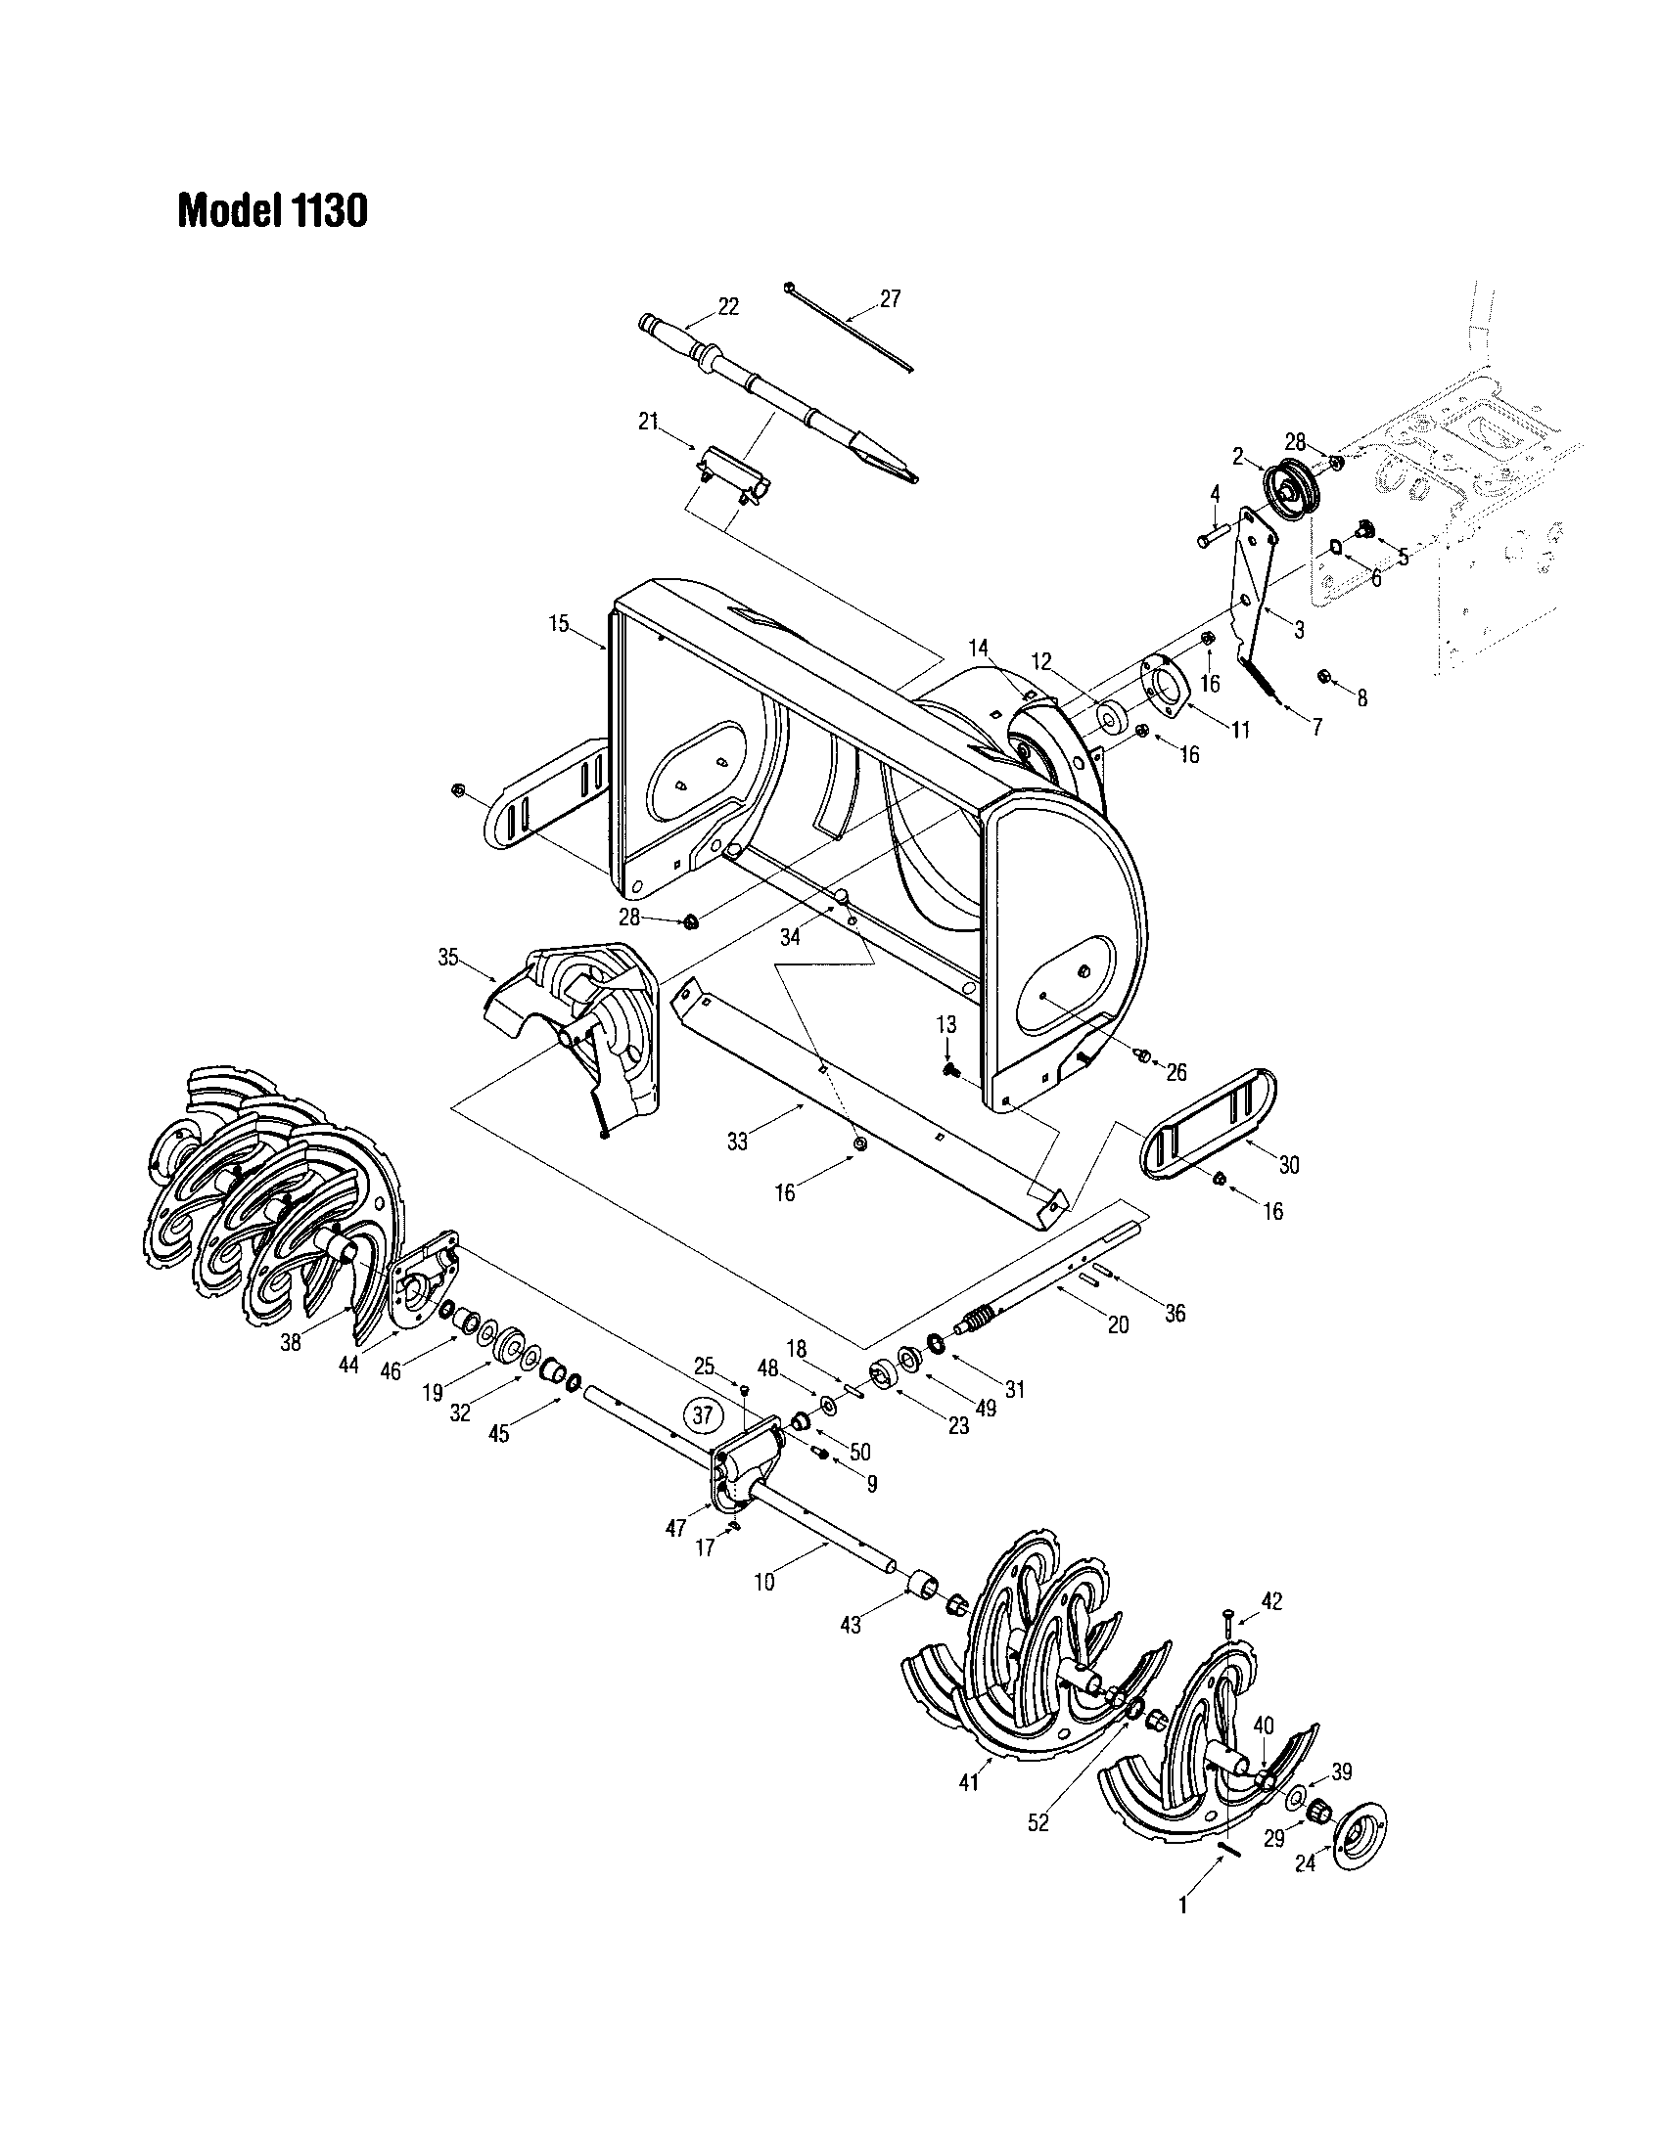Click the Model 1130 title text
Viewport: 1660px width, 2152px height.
point(272,210)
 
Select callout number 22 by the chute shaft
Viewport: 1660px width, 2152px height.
point(727,306)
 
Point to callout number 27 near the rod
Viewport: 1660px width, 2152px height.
point(889,298)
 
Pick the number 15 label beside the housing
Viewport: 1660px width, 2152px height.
point(559,624)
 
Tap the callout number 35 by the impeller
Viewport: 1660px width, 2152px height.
point(448,957)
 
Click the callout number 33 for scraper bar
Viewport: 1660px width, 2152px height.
point(737,1141)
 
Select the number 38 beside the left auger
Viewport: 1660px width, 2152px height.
point(290,1342)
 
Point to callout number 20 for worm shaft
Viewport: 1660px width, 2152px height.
point(1118,1325)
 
